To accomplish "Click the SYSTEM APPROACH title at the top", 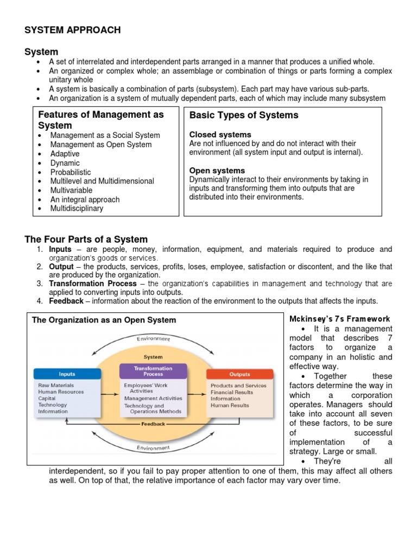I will tap(73, 30).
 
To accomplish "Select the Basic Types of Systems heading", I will tap(244, 115).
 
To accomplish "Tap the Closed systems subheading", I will tap(220, 134).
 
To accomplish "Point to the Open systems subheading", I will tap(217, 170).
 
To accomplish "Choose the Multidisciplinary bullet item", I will tap(77, 208).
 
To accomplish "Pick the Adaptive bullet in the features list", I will tap(65, 154).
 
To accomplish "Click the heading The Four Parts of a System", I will tap(86, 239).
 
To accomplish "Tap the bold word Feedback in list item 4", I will tap(66, 301).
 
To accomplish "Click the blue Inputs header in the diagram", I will tap(67, 374).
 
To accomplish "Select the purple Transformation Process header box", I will tap(153, 371).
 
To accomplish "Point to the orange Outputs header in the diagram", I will tap(239, 374).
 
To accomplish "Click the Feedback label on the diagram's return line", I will tap(153, 424).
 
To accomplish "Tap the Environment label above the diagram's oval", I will tap(153, 339).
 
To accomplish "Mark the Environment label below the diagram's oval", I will tap(153, 448).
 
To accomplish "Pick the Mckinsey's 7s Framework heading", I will tap(339, 319).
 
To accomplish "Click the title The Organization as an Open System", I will tap(104, 320).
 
